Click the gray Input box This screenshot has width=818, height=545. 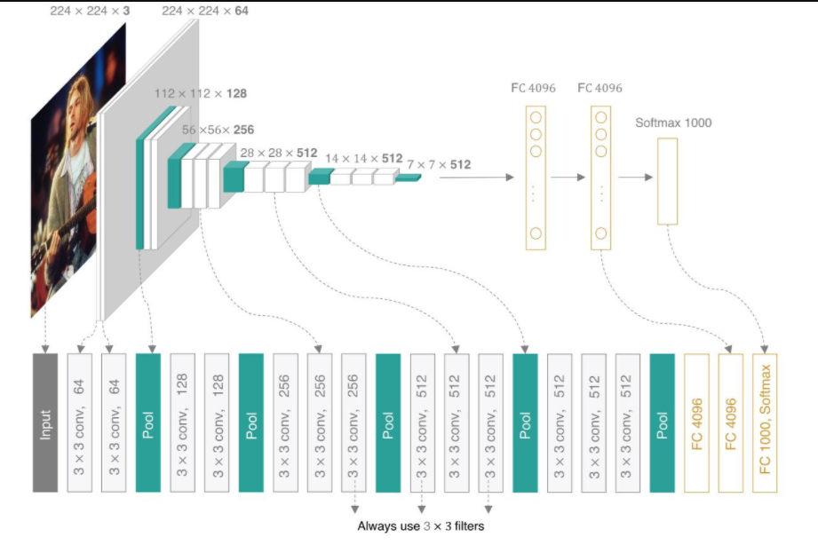(x=44, y=422)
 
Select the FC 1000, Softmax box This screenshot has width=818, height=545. (x=764, y=422)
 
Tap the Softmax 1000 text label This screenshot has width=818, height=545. (x=673, y=122)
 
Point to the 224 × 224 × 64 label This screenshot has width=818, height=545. (x=205, y=11)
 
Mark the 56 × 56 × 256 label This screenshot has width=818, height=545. (x=218, y=130)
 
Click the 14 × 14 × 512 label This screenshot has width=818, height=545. (x=363, y=158)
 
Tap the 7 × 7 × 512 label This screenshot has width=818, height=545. (x=439, y=164)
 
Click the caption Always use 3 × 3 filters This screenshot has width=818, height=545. (x=421, y=525)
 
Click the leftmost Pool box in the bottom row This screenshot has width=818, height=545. (x=148, y=422)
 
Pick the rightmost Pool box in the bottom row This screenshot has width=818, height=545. (x=662, y=422)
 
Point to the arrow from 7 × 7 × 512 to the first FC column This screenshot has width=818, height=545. (x=476, y=178)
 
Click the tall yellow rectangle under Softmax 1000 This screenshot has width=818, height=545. (x=667, y=181)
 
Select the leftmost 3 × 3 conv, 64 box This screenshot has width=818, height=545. (x=79, y=422)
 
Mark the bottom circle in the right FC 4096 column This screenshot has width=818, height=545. (x=601, y=233)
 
